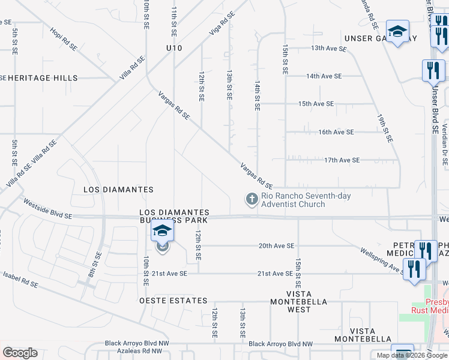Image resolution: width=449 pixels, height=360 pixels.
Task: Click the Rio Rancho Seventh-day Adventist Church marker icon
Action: (252, 199)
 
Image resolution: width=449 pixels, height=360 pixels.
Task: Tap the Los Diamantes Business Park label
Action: (174, 217)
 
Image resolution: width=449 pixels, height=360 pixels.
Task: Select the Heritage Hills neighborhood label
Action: (39, 78)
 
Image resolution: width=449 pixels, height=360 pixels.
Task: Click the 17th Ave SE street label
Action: (342, 160)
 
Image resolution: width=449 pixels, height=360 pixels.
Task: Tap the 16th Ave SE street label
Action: (336, 132)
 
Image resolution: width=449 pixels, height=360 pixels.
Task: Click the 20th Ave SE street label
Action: (276, 246)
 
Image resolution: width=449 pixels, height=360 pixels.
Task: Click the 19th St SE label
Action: (385, 128)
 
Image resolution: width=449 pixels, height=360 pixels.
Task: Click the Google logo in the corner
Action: (20, 353)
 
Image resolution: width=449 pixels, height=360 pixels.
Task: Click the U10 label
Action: (174, 47)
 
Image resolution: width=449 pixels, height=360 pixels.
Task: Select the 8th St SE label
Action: (95, 260)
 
